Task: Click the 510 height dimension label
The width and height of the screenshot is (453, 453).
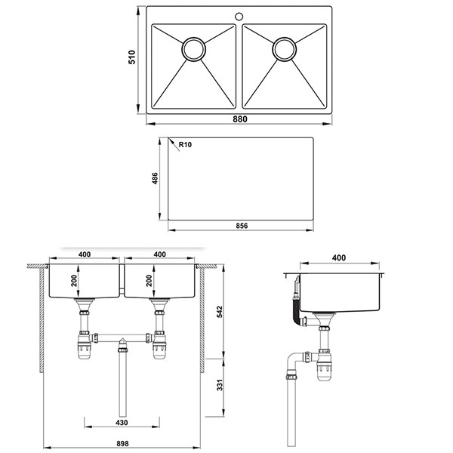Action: point(131,57)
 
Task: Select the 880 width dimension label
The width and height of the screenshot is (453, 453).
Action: point(240,119)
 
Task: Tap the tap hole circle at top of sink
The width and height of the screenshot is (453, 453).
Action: point(239,16)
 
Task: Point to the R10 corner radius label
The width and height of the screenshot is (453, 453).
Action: point(185,144)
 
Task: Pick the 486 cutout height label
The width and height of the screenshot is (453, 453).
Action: point(155,178)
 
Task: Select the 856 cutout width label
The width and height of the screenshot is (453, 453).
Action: point(242,226)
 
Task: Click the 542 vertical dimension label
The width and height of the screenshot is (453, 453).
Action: point(220,312)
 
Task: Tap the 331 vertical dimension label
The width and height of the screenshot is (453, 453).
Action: point(220,385)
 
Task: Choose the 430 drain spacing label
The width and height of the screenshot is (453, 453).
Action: point(122,423)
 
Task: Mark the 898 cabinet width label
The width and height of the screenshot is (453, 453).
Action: point(122,443)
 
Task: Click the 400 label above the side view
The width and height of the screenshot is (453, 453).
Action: point(339,257)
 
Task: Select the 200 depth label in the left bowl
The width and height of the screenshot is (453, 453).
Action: point(74,281)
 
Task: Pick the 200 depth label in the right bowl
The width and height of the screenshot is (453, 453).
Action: point(149,281)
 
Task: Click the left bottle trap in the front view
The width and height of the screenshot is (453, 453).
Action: point(84,345)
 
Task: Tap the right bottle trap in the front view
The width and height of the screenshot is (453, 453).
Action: point(159,345)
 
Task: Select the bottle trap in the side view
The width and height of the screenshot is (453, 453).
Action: point(324,365)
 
